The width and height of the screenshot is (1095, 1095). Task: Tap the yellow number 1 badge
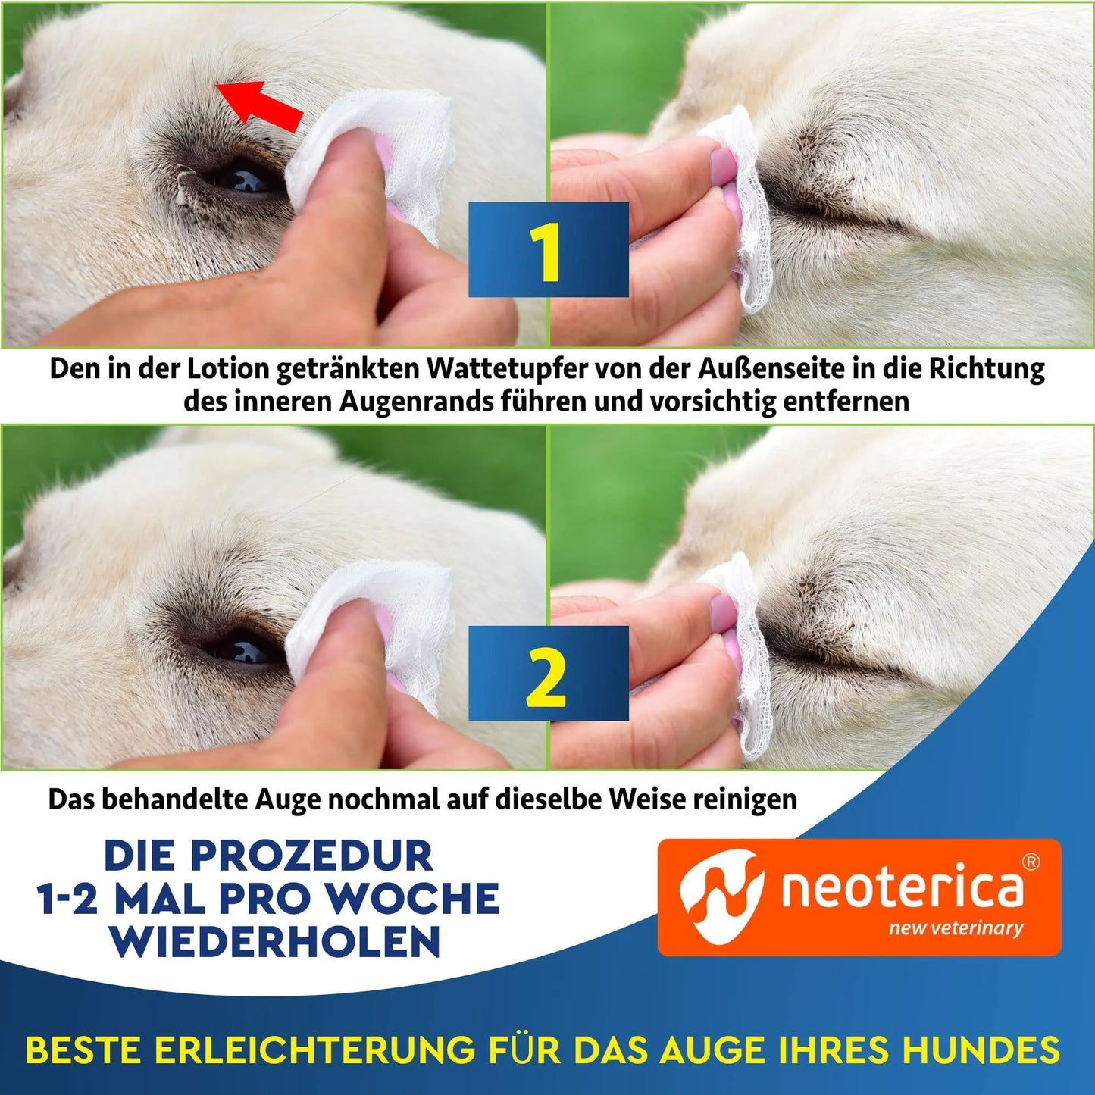pyautogui.click(x=548, y=250)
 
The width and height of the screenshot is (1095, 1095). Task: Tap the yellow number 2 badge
pyautogui.click(x=548, y=674)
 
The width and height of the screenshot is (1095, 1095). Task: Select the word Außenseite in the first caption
pyautogui.click(x=781, y=369)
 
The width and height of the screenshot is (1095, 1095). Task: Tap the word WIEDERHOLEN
pyautogui.click(x=274, y=941)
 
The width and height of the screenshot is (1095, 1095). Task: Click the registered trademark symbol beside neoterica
pyautogui.click(x=1031, y=862)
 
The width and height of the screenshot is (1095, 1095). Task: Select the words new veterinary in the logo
pyautogui.click(x=956, y=928)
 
